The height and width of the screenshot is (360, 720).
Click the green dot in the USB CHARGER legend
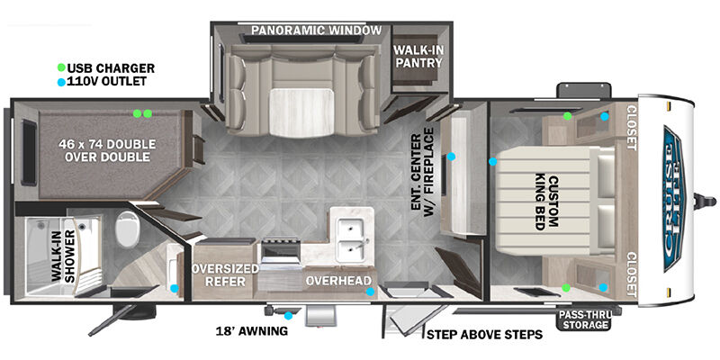pyautogui.click(x=61, y=68)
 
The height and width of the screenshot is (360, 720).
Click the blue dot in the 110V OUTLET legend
pyautogui.click(x=61, y=82)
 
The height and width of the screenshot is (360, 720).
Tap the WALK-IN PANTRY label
pyautogui.click(x=418, y=56)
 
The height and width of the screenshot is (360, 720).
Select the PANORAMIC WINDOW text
pyautogui.click(x=317, y=31)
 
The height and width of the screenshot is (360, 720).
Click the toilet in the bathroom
pyautogui.click(x=127, y=229)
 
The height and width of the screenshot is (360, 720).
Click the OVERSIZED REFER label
pyautogui.click(x=225, y=274)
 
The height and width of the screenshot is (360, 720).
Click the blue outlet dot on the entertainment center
pyautogui.click(x=452, y=157)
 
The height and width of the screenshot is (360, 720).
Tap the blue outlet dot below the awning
pyautogui.click(x=288, y=316)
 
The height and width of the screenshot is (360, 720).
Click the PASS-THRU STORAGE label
pyautogui.click(x=584, y=320)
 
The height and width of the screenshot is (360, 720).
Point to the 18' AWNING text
pyautogui.click(x=252, y=330)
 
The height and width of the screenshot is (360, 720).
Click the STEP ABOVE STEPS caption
pyautogui.click(x=484, y=334)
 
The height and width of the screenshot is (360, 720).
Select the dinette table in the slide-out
pyautogui.click(x=301, y=112)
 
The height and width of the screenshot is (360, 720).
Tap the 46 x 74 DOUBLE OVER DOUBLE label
pyautogui.click(x=107, y=150)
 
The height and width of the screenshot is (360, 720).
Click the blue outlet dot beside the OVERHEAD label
pyautogui.click(x=370, y=291)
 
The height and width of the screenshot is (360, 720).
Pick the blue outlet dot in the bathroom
pyautogui.click(x=175, y=288)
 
